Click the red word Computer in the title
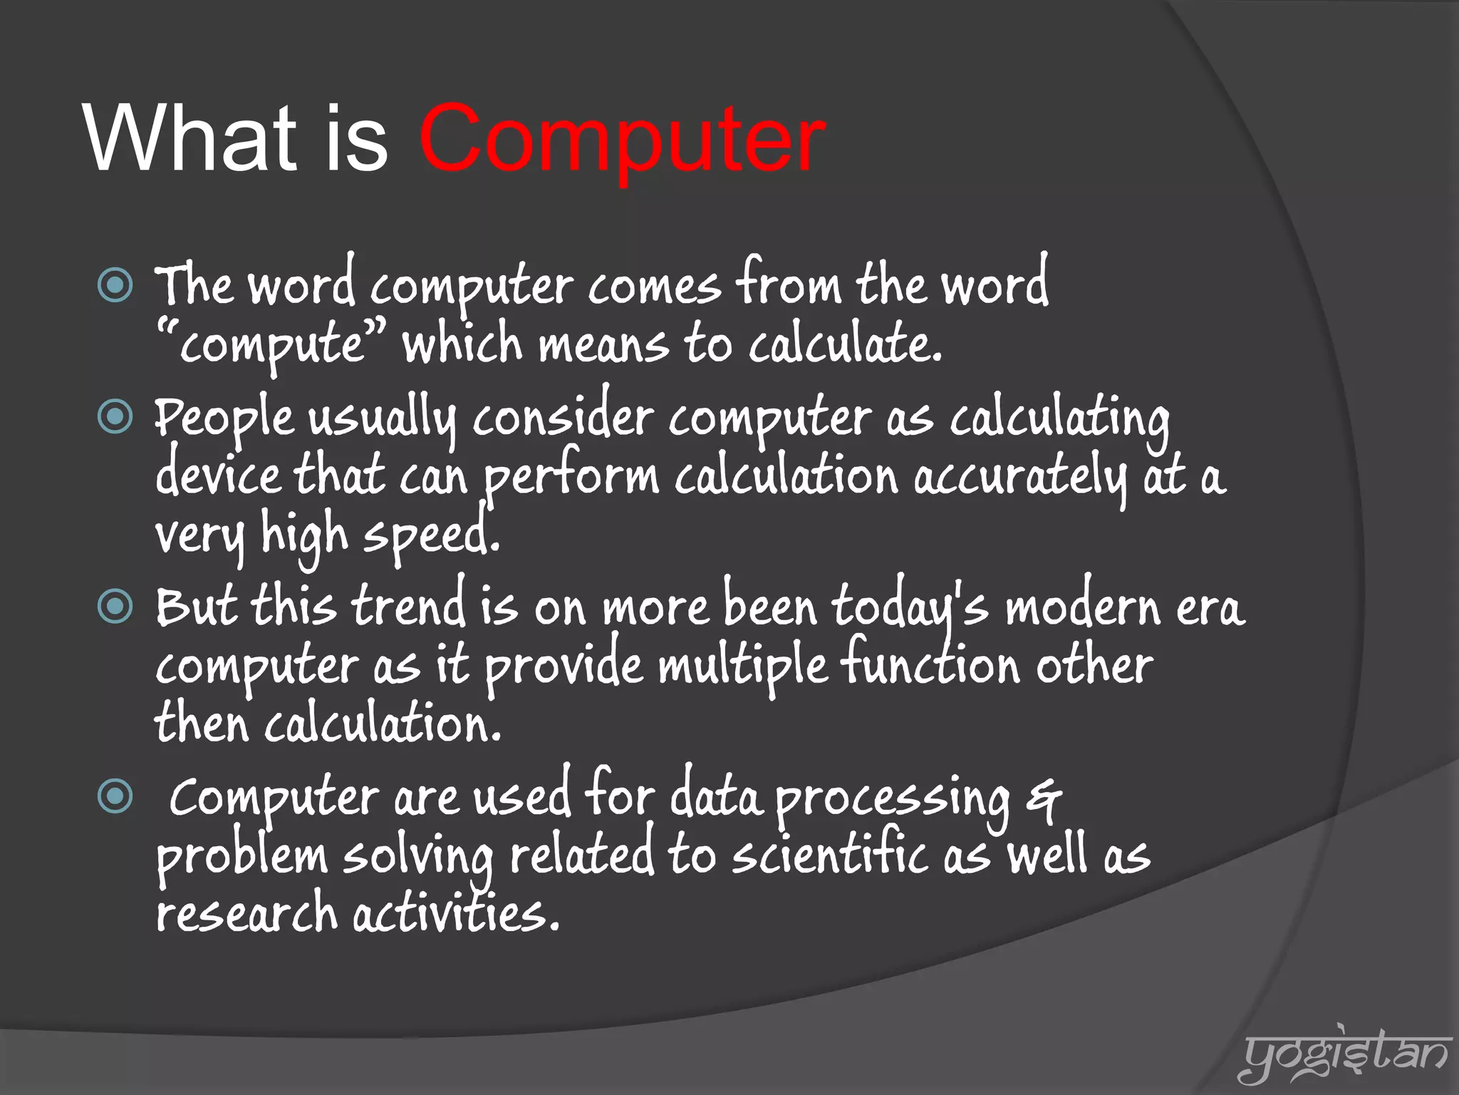coord(621,139)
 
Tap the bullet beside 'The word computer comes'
coord(115,286)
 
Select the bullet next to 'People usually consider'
coord(115,416)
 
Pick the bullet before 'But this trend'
coord(115,607)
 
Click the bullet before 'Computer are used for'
coord(115,796)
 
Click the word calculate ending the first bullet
coord(844,344)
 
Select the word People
coord(224,418)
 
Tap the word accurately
coord(1019,478)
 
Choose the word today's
coord(910,608)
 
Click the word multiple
coord(742,667)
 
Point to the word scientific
coord(830,855)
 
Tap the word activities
coord(456,915)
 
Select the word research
coord(246,915)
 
